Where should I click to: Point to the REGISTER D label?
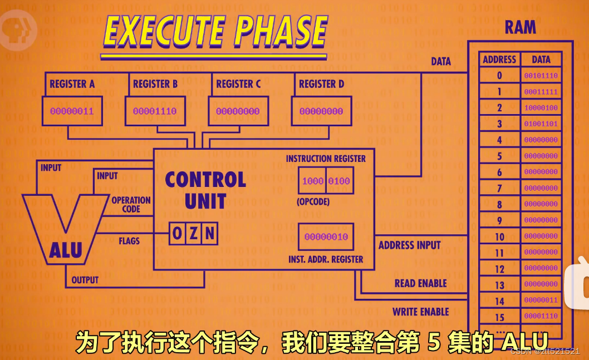(x=321, y=84)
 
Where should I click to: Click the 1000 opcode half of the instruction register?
(x=312, y=181)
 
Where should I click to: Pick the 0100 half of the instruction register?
(x=338, y=181)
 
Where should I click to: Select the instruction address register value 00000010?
(x=326, y=236)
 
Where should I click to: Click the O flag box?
(x=177, y=234)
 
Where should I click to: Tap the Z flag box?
(x=193, y=234)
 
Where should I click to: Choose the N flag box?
(x=209, y=234)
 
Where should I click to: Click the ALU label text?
(x=65, y=250)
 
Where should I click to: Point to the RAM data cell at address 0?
(x=541, y=76)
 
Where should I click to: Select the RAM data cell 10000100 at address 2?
(x=541, y=108)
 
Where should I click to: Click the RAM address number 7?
(x=499, y=189)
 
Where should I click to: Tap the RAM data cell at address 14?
(x=541, y=301)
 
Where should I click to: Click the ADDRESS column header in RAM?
(x=499, y=60)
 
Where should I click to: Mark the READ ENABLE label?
(x=420, y=283)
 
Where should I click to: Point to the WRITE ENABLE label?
(x=420, y=312)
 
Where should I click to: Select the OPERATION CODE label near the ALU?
(x=131, y=204)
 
